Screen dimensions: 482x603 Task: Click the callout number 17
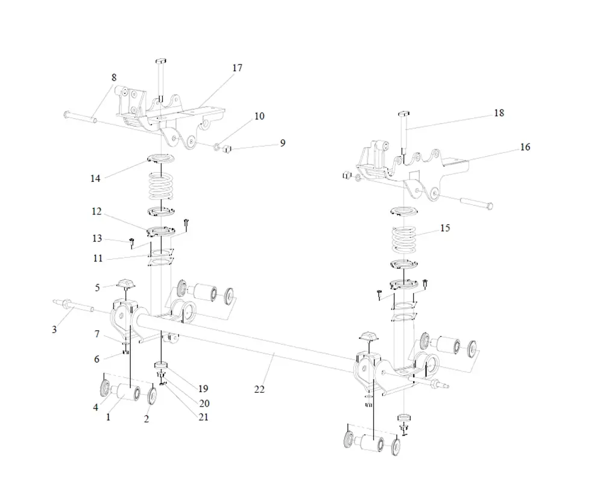[237, 68]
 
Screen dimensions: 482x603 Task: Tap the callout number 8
[113, 78]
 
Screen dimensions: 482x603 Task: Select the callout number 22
[259, 389]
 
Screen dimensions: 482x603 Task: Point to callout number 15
[445, 228]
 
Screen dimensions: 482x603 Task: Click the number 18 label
[499, 113]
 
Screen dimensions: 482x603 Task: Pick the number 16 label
[525, 147]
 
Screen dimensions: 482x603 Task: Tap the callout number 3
[54, 329]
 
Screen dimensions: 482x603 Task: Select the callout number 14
[95, 178]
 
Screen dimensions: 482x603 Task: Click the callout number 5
[98, 288]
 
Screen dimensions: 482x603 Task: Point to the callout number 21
[203, 417]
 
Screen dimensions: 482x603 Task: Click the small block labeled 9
[228, 149]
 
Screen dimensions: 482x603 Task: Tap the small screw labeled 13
[131, 242]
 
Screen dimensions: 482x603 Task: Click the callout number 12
[97, 212]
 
